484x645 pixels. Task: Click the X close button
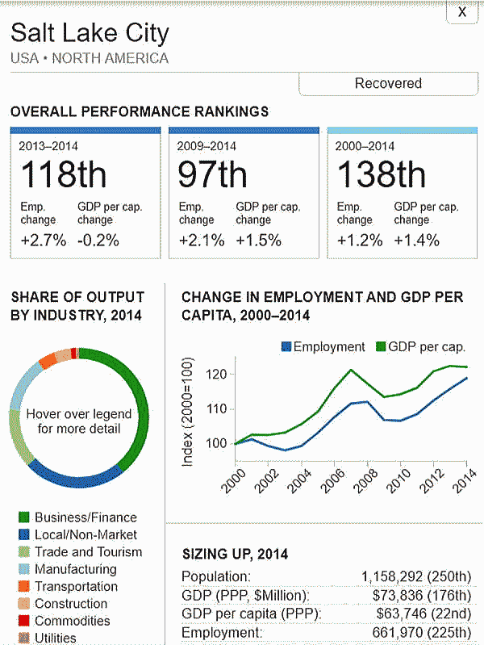click(461, 12)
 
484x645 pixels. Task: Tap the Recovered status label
click(388, 83)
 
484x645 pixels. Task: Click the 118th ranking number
click(63, 175)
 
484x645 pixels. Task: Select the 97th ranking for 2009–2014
click(213, 175)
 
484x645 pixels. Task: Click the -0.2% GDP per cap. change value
click(98, 240)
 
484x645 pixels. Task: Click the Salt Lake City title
click(90, 34)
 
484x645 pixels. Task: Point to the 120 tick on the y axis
click(215, 375)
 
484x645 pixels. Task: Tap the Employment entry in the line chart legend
click(323, 346)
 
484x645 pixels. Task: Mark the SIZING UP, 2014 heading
click(235, 555)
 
